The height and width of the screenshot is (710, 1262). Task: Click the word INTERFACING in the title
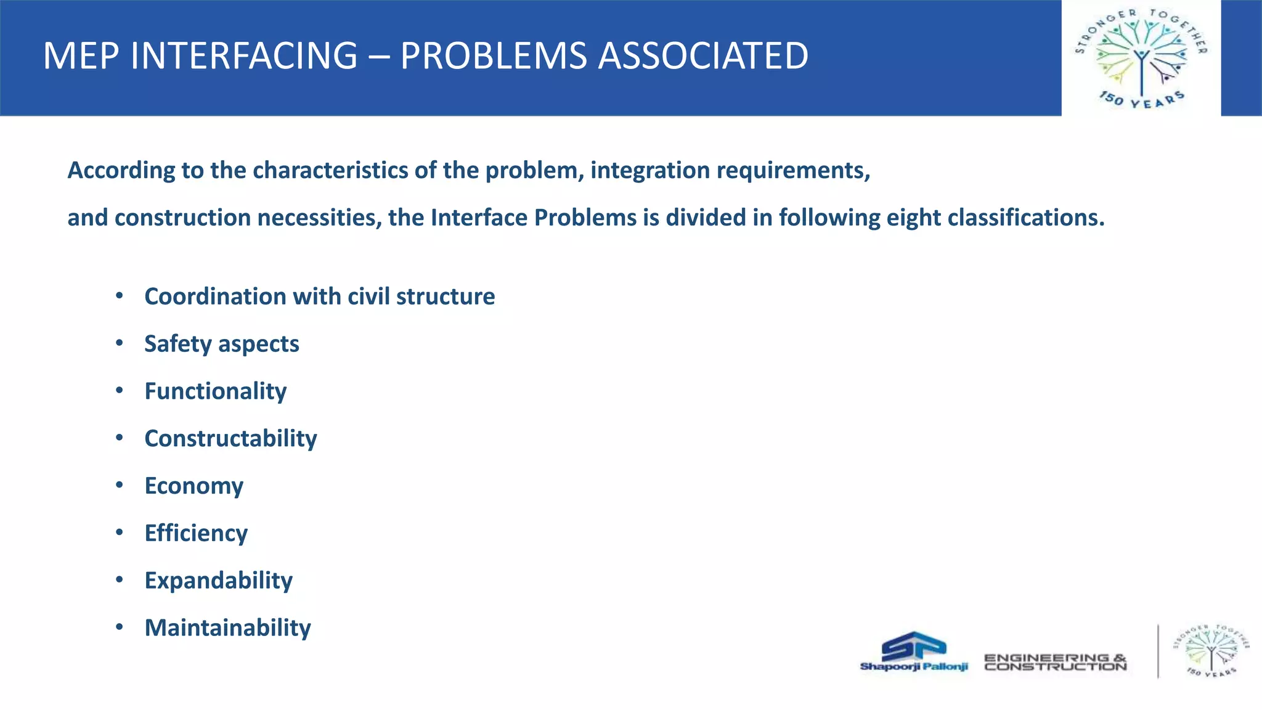coord(243,56)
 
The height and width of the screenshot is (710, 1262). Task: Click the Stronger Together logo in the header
coord(1141,58)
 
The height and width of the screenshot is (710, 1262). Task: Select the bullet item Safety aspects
coord(221,344)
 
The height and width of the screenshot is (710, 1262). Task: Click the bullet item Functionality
coord(215,391)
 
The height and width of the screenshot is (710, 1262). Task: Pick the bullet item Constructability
coord(230,439)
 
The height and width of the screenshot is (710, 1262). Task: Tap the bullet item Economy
coord(193,486)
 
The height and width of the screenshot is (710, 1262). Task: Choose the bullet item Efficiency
coord(196,533)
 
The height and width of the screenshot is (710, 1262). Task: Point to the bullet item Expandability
coord(218,581)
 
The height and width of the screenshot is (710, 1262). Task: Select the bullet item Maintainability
coord(227,628)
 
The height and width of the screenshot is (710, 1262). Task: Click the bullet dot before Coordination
coord(120,296)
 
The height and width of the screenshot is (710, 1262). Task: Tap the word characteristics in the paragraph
coord(330,170)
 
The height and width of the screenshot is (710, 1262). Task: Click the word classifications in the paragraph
coord(1025,218)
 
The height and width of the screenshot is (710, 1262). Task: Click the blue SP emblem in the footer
coord(914,646)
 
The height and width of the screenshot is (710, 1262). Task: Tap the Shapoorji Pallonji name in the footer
coord(914,667)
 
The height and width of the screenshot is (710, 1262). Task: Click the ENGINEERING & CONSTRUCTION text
coord(1055,663)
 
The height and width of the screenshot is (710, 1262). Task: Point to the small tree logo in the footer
coord(1211,651)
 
